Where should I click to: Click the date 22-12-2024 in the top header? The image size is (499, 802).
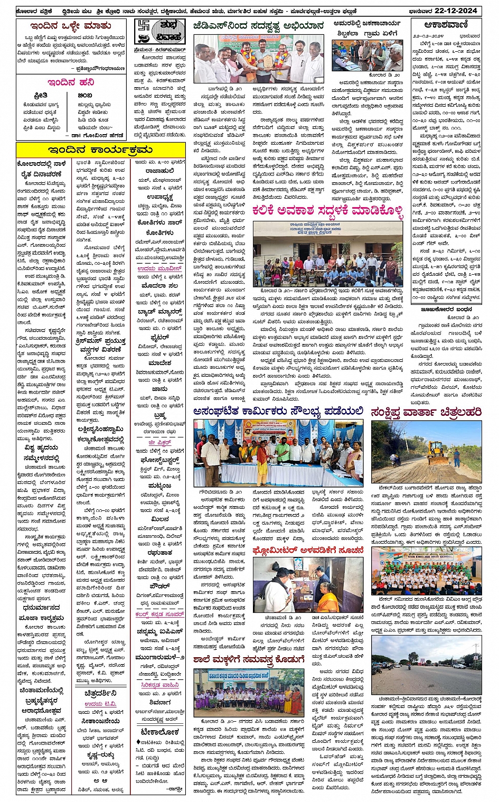pyautogui.click(x=462, y=10)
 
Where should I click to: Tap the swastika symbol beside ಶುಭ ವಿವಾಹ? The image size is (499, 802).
pyautogui.click(x=142, y=31)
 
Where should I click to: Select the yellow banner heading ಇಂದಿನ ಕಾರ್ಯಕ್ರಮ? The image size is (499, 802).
pyautogui.click(x=100, y=150)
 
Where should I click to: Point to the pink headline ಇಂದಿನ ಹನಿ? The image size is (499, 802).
pyautogui.click(x=71, y=82)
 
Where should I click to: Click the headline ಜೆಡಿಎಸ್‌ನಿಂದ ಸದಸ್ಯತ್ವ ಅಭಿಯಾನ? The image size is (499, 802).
pyautogui.click(x=258, y=25)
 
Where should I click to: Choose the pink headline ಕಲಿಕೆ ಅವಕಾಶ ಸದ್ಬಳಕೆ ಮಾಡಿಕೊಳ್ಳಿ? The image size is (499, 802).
pyautogui.click(x=327, y=210)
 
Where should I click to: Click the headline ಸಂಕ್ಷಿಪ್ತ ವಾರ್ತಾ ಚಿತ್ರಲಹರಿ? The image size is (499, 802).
pyautogui.click(x=426, y=412)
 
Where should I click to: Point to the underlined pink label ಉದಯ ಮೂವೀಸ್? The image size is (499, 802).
pyautogui.click(x=159, y=268)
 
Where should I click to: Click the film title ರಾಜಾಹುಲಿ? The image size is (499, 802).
pyautogui.click(x=159, y=171)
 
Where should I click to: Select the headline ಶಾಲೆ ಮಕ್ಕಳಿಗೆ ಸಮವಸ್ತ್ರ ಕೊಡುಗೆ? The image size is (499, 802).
pyautogui.click(x=248, y=659)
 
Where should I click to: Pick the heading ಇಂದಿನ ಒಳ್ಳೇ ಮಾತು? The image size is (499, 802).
pyautogui.click(x=71, y=26)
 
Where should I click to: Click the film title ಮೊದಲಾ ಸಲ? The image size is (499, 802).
pyautogui.click(x=159, y=285)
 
